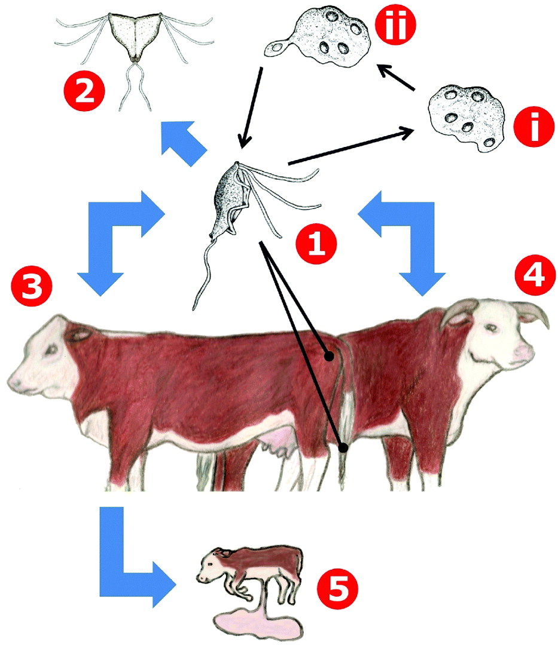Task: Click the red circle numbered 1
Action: pyautogui.click(x=316, y=244)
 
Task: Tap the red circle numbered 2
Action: pyautogui.click(x=84, y=91)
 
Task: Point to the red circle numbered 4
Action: pyautogui.click(x=535, y=274)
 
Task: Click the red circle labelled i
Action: pyautogui.click(x=533, y=126)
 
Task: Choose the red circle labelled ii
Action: pyautogui.click(x=395, y=24)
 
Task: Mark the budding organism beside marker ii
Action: pyautogui.click(x=319, y=36)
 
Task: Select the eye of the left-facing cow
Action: pyautogui.click(x=52, y=350)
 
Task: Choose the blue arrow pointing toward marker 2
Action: pyautogui.click(x=183, y=143)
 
